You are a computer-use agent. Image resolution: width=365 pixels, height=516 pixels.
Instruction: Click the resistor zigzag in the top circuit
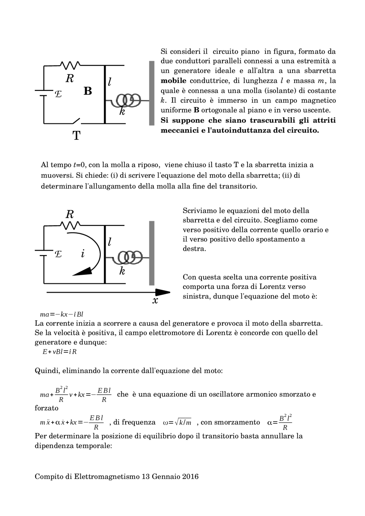click(70, 65)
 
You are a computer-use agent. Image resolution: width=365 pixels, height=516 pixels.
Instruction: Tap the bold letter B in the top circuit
click(88, 91)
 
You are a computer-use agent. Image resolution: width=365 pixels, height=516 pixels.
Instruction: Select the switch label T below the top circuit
click(76, 136)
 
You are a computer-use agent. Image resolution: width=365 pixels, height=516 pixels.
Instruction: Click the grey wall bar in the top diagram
click(152, 93)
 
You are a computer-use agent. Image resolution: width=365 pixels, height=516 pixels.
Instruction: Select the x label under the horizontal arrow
click(155, 300)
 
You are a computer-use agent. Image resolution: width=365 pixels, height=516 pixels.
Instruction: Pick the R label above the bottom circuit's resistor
click(70, 214)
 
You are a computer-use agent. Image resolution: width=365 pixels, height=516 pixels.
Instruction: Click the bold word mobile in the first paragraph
click(173, 81)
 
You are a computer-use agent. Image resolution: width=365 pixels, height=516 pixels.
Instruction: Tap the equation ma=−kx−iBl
click(62, 315)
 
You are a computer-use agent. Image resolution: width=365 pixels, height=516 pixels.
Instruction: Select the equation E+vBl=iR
click(60, 352)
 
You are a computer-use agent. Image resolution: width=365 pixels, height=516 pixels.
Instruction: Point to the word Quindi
click(46, 371)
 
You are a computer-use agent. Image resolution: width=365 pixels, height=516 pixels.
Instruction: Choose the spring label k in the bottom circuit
click(122, 271)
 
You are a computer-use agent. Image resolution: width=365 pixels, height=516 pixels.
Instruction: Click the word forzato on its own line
click(46, 408)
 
